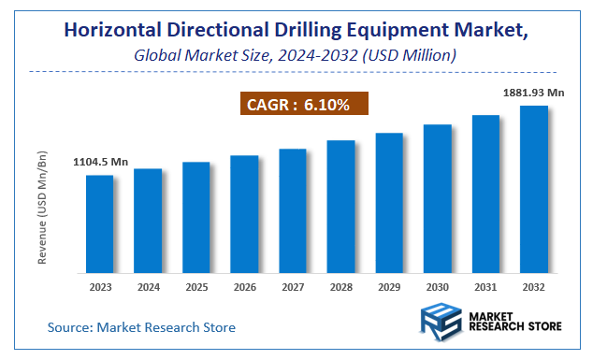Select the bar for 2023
pyautogui.click(x=99, y=223)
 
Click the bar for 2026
pyautogui.click(x=244, y=214)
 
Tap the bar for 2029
pyautogui.click(x=389, y=203)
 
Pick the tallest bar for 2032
pyautogui.click(x=534, y=189)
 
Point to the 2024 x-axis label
pyautogui.click(x=148, y=287)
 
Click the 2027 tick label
pyautogui.click(x=293, y=287)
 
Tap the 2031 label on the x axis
pyautogui.click(x=485, y=287)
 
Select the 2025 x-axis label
pyautogui.click(x=195, y=287)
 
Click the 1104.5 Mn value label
pyautogui.click(x=100, y=163)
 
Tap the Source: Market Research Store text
pyautogui.click(x=141, y=327)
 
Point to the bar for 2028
pyautogui.click(x=340, y=207)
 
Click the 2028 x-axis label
pyautogui.click(x=340, y=287)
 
